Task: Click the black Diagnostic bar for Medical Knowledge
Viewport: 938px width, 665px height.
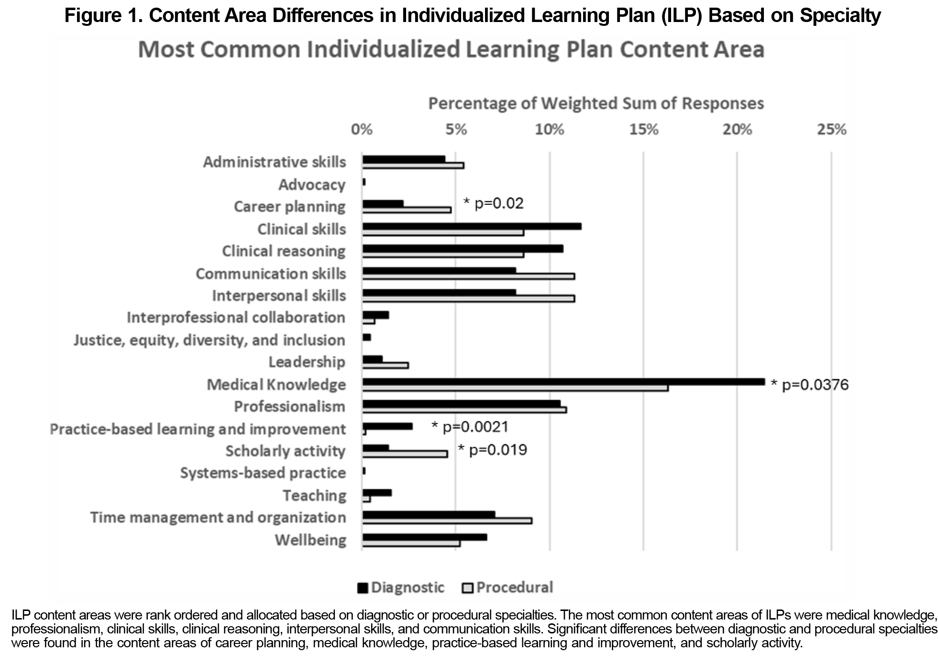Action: pyautogui.click(x=563, y=382)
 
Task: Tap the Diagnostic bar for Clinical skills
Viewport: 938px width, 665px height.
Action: pyautogui.click(x=472, y=226)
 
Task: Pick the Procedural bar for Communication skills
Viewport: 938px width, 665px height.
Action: pyautogui.click(x=468, y=277)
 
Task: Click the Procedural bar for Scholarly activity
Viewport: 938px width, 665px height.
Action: pyautogui.click(x=405, y=454)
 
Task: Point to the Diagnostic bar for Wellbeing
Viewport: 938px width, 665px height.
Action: pyautogui.click(x=424, y=537)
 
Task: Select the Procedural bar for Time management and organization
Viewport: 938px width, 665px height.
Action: pyautogui.click(x=447, y=521)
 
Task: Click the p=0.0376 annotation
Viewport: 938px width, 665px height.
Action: pyautogui.click(x=810, y=385)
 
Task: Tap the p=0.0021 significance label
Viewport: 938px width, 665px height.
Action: pyautogui.click(x=470, y=427)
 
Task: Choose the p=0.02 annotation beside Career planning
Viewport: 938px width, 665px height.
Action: pyautogui.click(x=494, y=204)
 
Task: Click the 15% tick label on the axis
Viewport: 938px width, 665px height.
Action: pyautogui.click(x=643, y=130)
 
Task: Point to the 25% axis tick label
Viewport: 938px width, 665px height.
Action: pyautogui.click(x=831, y=130)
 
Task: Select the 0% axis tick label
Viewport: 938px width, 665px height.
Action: pyautogui.click(x=362, y=130)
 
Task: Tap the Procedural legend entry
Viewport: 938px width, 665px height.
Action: pyautogui.click(x=508, y=587)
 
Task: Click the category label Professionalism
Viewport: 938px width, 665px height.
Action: pyautogui.click(x=289, y=407)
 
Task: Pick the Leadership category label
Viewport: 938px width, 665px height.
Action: pyautogui.click(x=307, y=362)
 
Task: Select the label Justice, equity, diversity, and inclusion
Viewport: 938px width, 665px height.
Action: pyautogui.click(x=209, y=340)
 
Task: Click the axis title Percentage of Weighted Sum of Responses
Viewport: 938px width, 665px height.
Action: pyautogui.click(x=596, y=103)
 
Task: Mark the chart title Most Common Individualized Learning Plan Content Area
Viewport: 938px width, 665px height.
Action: pyautogui.click(x=451, y=50)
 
